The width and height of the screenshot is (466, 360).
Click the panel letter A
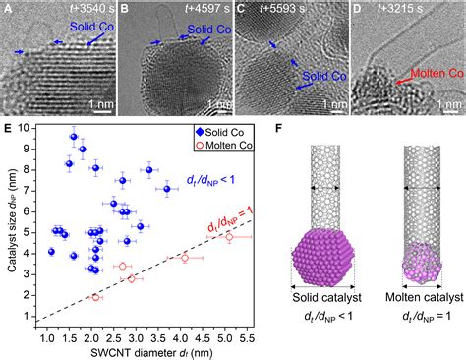[7, 10]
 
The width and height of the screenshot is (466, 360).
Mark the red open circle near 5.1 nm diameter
[229, 237]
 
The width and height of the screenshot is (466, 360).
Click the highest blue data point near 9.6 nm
[74, 137]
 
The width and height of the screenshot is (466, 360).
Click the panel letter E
[7, 127]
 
